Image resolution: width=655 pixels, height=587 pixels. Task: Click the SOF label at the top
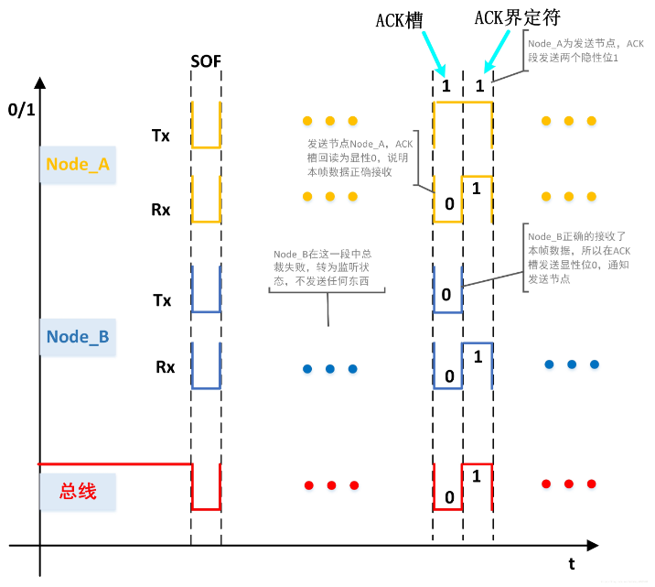click(x=206, y=62)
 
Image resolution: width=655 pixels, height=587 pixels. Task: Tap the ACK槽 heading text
click(x=399, y=20)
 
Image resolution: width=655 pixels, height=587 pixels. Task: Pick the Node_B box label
click(x=78, y=336)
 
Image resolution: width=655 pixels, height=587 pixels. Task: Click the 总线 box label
click(x=78, y=492)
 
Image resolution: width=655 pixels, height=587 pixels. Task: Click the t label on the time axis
click(x=572, y=564)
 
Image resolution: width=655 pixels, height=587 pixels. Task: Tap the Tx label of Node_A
click(x=161, y=135)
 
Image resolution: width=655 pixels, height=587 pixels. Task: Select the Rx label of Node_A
click(x=161, y=210)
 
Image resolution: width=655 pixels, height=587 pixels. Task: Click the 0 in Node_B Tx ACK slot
click(x=446, y=294)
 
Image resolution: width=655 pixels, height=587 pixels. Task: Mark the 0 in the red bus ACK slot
click(x=447, y=497)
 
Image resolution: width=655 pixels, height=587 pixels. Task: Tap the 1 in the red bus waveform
click(x=477, y=476)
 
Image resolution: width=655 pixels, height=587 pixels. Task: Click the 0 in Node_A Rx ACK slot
click(x=448, y=203)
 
